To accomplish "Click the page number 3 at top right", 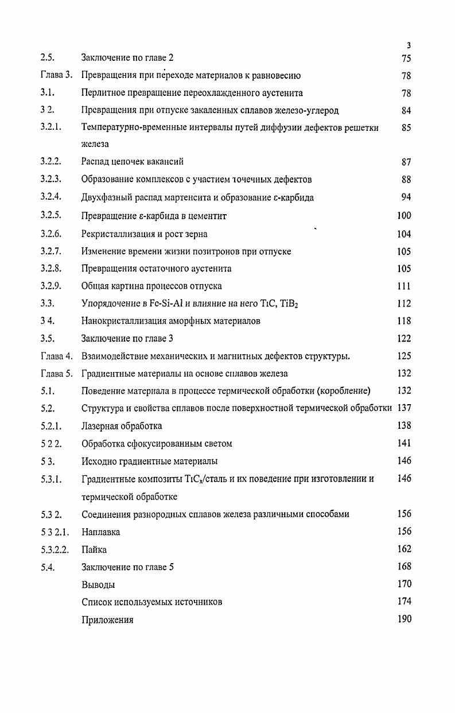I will point(408,46).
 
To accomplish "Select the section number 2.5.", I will point(48,58).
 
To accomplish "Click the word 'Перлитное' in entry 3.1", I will point(104,93).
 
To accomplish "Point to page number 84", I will point(406,110).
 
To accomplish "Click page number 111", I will point(404,286).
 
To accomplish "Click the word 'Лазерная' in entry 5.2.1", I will point(100,426).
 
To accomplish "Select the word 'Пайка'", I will point(94,549).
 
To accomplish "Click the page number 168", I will point(404,567).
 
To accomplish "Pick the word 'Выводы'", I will point(98,584).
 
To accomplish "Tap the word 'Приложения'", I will point(108,620).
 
